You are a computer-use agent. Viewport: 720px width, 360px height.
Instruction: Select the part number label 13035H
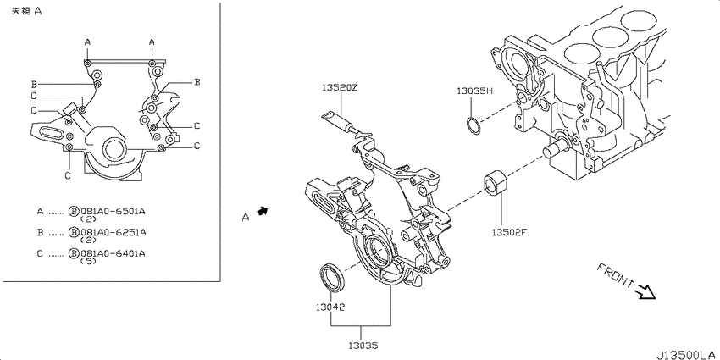(x=475, y=91)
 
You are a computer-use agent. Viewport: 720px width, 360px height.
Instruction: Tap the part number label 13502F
(x=509, y=232)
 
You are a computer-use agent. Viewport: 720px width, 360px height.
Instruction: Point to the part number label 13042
(x=330, y=307)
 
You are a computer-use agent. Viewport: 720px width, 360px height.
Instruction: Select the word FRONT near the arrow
(x=615, y=276)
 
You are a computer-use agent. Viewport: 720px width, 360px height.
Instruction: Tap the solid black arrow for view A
(x=263, y=211)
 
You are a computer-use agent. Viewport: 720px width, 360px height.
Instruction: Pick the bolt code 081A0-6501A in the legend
(x=113, y=211)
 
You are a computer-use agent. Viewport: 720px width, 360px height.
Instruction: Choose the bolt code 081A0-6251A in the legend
(x=113, y=232)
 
